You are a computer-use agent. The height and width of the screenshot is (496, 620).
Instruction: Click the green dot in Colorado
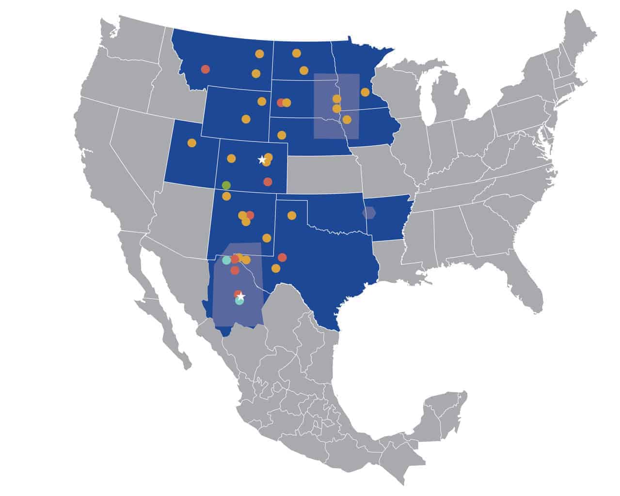point(226,185)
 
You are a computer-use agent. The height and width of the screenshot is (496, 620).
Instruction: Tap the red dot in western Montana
point(205,69)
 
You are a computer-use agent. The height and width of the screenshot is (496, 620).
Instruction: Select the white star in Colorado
point(262,159)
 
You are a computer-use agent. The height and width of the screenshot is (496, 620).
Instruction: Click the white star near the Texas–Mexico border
point(241,296)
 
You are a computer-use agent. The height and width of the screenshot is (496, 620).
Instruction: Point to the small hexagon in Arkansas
point(369,213)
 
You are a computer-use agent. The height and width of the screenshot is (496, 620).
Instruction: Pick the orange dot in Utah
point(191,143)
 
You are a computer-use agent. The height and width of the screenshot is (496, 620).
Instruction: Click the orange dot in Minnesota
point(365,92)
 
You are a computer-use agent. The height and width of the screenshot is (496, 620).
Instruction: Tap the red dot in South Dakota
point(281,103)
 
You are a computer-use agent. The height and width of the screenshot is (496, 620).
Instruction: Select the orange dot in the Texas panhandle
point(291,216)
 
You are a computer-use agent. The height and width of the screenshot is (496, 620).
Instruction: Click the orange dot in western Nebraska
point(281,135)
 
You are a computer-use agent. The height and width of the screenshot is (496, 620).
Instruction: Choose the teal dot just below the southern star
point(239,301)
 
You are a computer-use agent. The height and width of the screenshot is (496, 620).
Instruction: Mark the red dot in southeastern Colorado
point(268,182)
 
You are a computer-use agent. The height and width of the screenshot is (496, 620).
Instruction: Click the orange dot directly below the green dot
point(226,196)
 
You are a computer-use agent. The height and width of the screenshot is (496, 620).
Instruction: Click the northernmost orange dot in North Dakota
point(296,53)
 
